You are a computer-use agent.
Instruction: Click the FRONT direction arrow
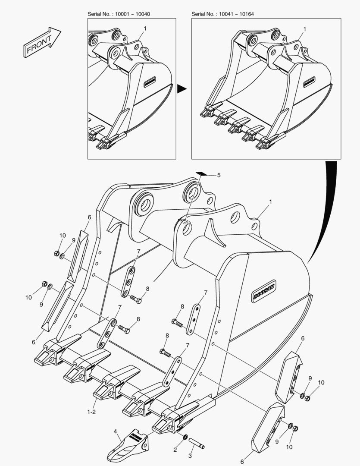coord(42,42)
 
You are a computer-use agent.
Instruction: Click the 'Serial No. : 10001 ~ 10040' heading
coord(119,14)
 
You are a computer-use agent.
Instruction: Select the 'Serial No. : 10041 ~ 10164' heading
coord(222,14)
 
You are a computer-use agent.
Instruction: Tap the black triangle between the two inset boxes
coord(182,89)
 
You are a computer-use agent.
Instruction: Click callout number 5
coord(219,175)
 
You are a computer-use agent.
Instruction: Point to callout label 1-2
coord(91,412)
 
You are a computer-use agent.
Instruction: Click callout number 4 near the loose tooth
coord(115,431)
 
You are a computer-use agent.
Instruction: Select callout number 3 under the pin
coord(190,456)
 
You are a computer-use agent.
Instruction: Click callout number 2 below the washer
coord(175,450)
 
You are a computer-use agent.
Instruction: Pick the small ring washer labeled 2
coord(185,437)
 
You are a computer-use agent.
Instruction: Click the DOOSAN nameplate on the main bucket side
coord(264,291)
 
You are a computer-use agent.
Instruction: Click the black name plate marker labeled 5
coord(200,173)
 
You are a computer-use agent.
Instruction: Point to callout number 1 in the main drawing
coord(270,202)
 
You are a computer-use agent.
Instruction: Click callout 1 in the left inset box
coord(145,28)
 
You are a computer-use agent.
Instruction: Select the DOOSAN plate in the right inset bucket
coord(309,82)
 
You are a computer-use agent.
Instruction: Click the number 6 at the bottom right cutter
coord(242,462)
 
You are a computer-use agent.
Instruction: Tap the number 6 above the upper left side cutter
coord(89,217)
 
